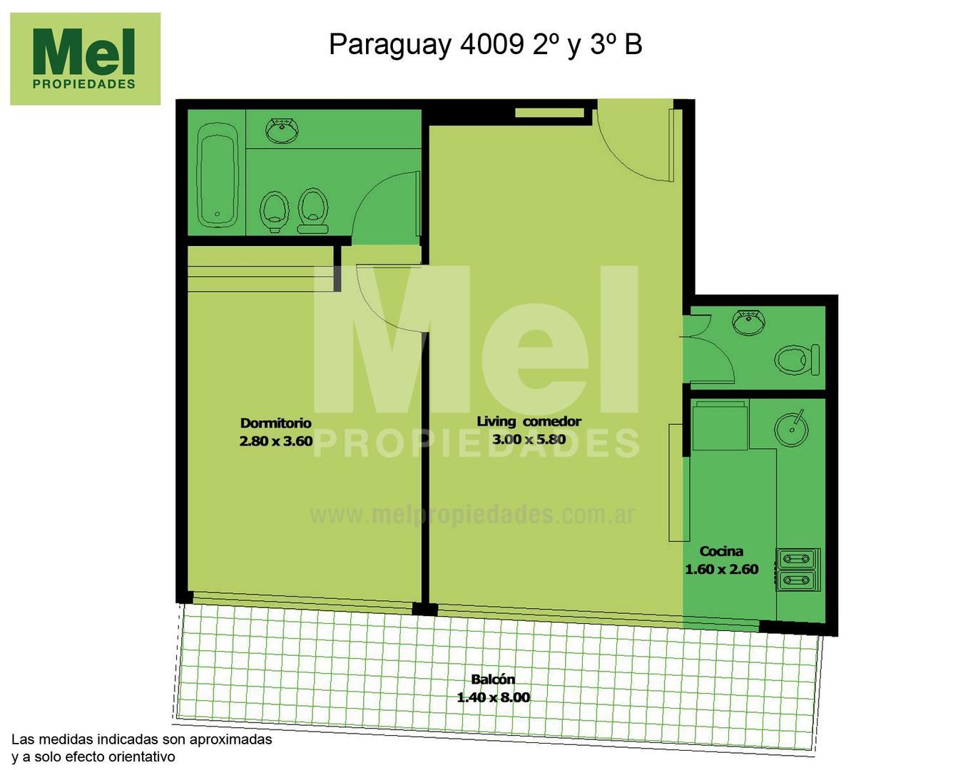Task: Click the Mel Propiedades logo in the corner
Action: pyautogui.click(x=85, y=59)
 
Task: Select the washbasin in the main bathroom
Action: pyautogui.click(x=282, y=131)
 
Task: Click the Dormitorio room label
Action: pyautogui.click(x=275, y=423)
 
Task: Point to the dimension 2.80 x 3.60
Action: pyautogui.click(x=275, y=441)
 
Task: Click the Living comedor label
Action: pyautogui.click(x=529, y=421)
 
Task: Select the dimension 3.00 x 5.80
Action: pyautogui.click(x=529, y=440)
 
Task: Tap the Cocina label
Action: pyautogui.click(x=721, y=551)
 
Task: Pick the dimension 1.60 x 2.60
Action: pyautogui.click(x=721, y=569)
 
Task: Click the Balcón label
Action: pyautogui.click(x=492, y=679)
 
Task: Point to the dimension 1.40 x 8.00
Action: pyautogui.click(x=493, y=697)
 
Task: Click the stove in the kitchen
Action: pyautogui.click(x=798, y=570)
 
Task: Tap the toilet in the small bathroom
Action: pyautogui.click(x=798, y=359)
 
